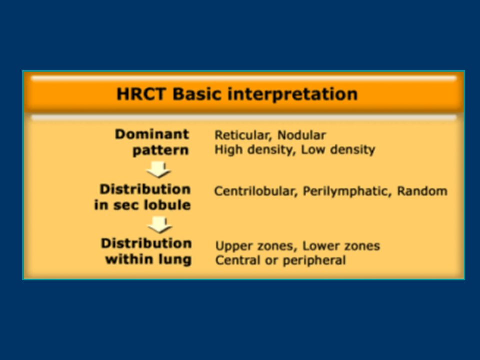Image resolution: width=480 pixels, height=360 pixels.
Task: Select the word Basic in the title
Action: tap(197, 94)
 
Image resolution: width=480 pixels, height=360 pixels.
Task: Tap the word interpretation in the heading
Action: tap(292, 94)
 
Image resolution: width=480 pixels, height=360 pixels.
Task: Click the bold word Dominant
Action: tap(152, 134)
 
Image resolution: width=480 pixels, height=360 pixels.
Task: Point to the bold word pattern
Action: tap(161, 151)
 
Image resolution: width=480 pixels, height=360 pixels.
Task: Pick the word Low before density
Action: tap(313, 149)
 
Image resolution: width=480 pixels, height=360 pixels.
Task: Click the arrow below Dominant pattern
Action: tap(159, 170)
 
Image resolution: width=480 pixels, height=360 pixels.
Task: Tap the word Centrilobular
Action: tap(256, 191)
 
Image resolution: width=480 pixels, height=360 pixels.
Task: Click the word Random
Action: tap(422, 191)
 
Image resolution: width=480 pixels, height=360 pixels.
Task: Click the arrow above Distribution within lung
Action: tap(160, 225)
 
